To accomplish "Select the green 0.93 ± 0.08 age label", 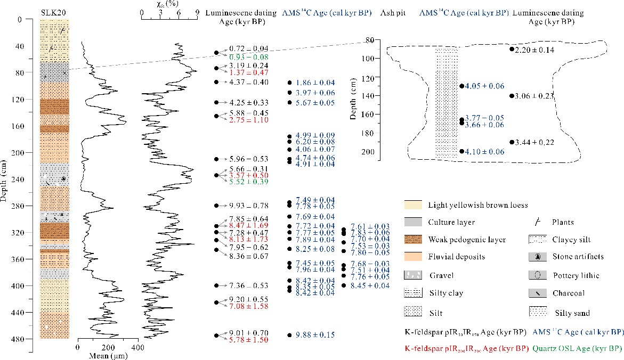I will click(x=249, y=56).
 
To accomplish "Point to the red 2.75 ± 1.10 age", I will click(x=249, y=120).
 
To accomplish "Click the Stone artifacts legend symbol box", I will click(x=538, y=257).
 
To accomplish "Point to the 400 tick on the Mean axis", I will click(x=138, y=347).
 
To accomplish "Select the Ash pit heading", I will click(x=392, y=12).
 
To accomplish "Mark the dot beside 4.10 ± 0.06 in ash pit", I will click(x=461, y=152).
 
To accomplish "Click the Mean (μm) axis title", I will click(x=107, y=355).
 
